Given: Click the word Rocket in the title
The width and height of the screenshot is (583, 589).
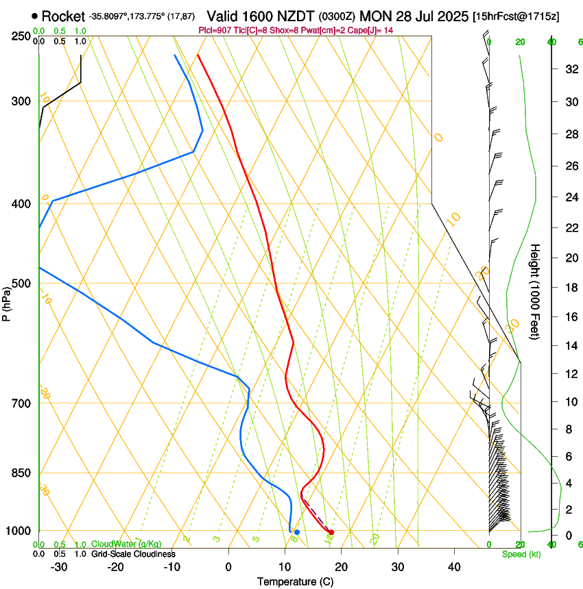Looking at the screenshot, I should [x=64, y=16].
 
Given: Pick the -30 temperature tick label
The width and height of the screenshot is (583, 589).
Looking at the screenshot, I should [x=59, y=567].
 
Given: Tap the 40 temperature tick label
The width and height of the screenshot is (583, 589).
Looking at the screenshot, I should [x=454, y=567].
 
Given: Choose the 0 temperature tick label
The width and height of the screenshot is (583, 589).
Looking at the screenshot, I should [x=229, y=567].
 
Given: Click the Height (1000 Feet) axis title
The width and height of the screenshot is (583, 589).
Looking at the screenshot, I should [x=536, y=291].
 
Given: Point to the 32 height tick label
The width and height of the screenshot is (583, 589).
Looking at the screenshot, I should [x=569, y=69].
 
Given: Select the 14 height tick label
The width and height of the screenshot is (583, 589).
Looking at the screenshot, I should [x=569, y=346].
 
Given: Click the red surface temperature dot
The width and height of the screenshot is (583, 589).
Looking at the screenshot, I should [x=332, y=532].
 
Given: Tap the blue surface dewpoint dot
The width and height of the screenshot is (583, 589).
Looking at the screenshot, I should [x=297, y=532].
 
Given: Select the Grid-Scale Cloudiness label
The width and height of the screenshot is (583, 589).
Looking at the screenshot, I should [x=133, y=554].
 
